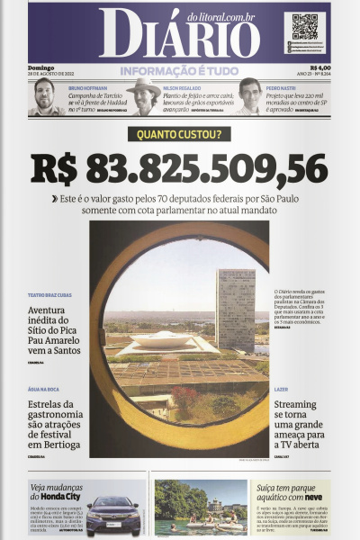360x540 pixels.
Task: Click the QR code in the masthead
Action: tap(304, 26)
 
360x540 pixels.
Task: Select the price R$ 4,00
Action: tap(319, 66)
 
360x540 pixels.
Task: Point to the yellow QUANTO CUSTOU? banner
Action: tap(179, 135)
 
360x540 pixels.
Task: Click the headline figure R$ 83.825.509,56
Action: tap(179, 169)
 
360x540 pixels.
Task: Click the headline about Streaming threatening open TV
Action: tap(301, 422)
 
